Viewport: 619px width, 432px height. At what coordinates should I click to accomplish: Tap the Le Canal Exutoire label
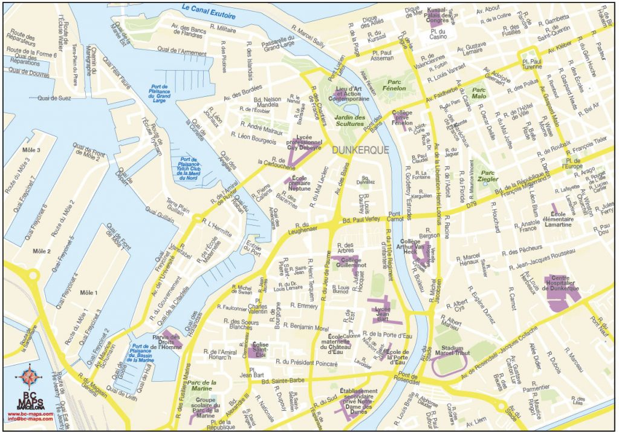(x=209, y=9)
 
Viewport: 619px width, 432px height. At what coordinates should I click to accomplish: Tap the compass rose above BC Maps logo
(x=28, y=377)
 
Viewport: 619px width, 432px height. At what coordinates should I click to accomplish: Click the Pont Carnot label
(x=395, y=217)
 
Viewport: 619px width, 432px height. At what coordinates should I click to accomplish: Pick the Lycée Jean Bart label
(x=381, y=313)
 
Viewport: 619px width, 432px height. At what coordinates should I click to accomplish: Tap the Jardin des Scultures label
(x=351, y=120)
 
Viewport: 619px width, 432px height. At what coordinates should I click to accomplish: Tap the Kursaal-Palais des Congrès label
(x=438, y=15)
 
